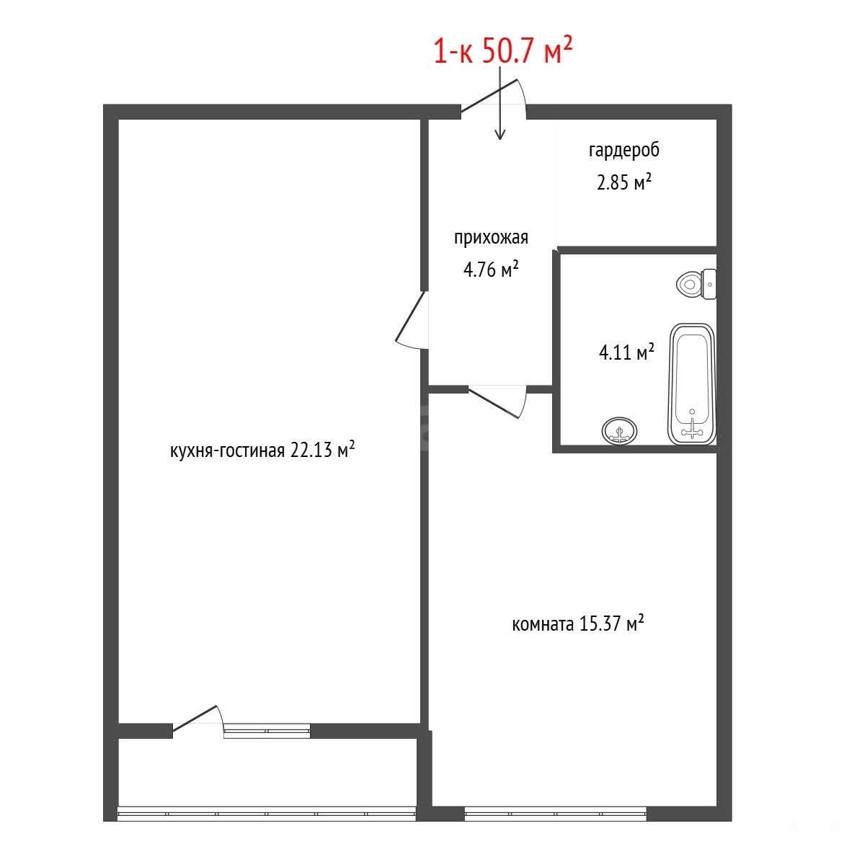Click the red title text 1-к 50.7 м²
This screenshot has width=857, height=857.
coord(503,50)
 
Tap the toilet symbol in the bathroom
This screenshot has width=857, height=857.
coord(696,284)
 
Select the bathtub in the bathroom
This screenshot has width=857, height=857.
coord(691,383)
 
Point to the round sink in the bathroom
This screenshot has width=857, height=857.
coord(619,431)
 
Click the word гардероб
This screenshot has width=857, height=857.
coord(623,150)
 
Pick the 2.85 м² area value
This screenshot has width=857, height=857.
coord(623,182)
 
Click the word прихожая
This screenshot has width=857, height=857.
coord(491,238)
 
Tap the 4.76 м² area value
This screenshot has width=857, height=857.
coord(491,269)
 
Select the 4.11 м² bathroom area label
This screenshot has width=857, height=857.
coord(626,352)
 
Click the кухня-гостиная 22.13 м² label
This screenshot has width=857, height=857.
coord(262,450)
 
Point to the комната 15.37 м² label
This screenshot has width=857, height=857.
coord(578,623)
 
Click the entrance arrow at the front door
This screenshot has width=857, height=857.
coord(500,103)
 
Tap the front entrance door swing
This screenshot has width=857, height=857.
coord(494,99)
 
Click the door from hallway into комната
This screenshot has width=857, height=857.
coord(497,401)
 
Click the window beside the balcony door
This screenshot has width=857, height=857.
coord(267,732)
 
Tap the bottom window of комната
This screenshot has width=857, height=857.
coord(555,814)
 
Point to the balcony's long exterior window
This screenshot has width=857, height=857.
coord(267,814)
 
